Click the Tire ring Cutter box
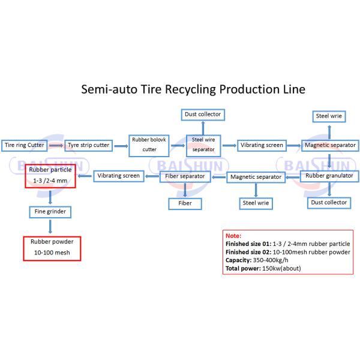click(24, 145)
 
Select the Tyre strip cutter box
click(88, 145)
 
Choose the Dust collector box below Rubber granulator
click(328, 203)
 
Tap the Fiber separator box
click(186, 176)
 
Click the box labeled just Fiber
click(186, 203)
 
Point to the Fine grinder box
click(50, 212)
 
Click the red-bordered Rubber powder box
click(50, 248)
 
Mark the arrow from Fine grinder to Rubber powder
click(50, 227)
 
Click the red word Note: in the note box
click(233, 236)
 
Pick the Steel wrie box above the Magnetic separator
click(329, 115)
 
